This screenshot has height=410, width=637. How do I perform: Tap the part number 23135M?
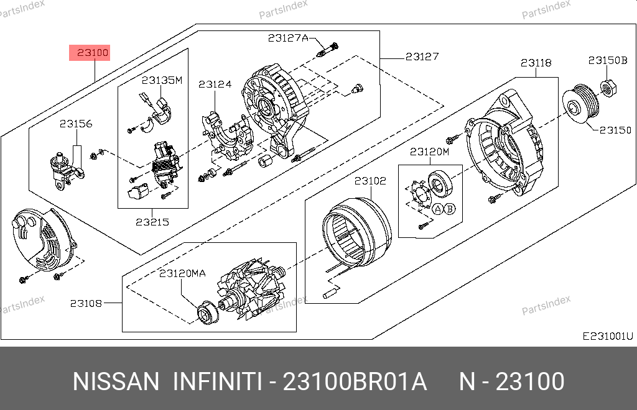click(x=162, y=80)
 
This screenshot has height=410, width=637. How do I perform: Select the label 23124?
click(x=215, y=84)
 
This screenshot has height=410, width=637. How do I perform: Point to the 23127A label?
click(x=288, y=38)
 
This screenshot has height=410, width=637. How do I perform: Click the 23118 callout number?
click(x=536, y=63)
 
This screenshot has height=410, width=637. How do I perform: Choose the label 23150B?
click(x=608, y=60)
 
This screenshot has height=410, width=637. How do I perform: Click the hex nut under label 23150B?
click(x=608, y=88)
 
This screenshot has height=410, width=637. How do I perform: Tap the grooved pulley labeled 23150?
click(x=580, y=103)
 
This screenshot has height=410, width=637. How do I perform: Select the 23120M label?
click(x=429, y=152)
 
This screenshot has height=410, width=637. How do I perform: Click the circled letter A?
click(x=437, y=209)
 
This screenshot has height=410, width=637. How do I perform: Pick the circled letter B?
click(x=450, y=209)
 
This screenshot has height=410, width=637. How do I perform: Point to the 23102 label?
click(x=370, y=181)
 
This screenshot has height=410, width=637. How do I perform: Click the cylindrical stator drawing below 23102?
click(x=356, y=232)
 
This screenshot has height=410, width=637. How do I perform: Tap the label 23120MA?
click(x=182, y=273)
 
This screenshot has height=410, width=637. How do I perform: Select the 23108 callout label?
click(x=86, y=303)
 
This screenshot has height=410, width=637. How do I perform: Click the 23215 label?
click(x=152, y=222)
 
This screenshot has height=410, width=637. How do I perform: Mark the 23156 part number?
click(x=76, y=124)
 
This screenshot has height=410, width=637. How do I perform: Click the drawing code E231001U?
click(x=608, y=336)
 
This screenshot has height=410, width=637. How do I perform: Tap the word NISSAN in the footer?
click(x=116, y=381)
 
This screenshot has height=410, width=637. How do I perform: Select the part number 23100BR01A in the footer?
click(x=355, y=381)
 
